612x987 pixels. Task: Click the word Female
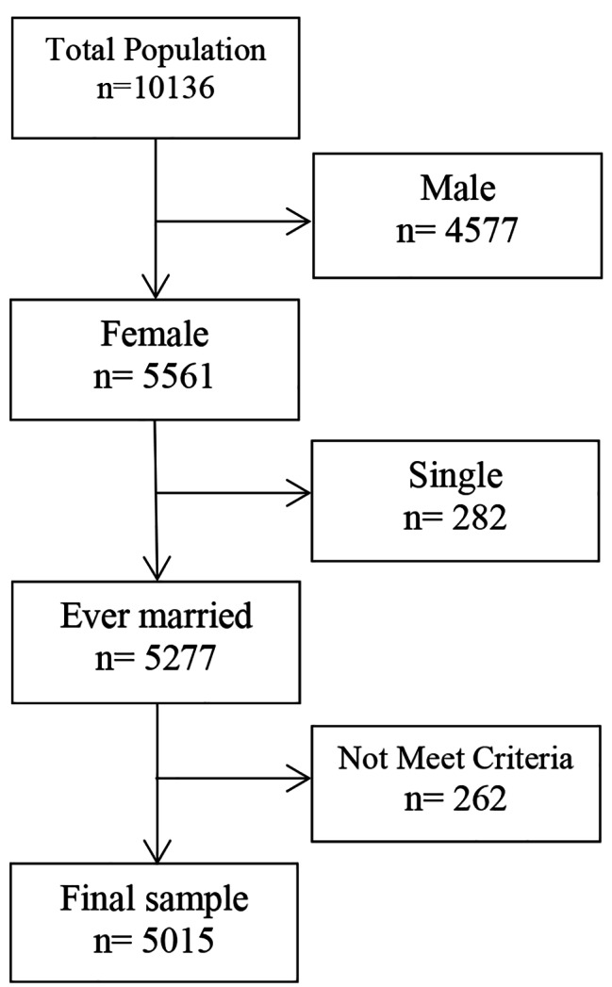pos(157,337)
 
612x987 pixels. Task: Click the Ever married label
pos(157,617)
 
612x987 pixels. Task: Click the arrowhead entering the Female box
pos(155,287)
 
